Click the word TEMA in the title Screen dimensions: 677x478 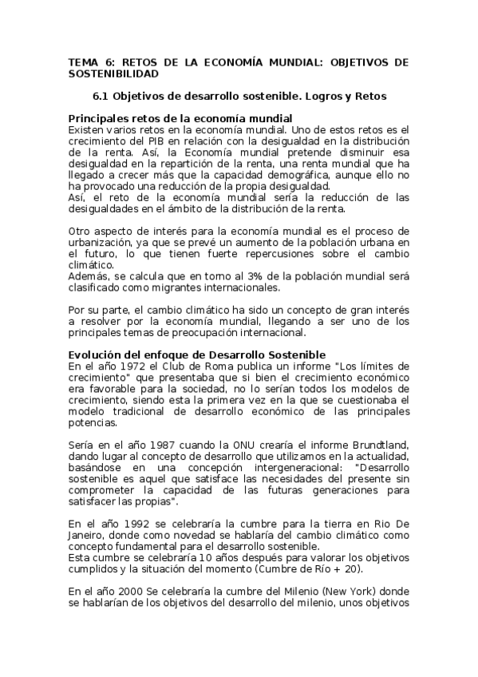[x=81, y=61]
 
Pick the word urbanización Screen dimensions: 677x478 [x=99, y=242]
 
